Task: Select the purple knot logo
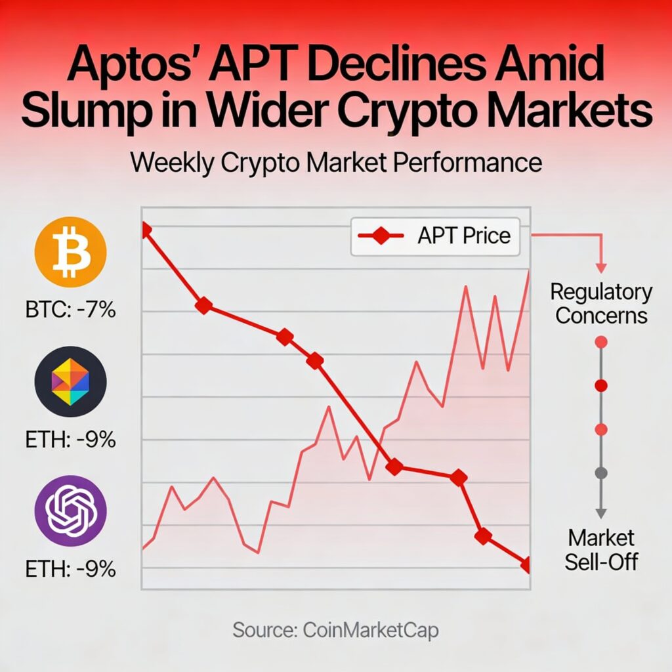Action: [x=70, y=511]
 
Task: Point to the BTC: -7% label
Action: [x=70, y=308]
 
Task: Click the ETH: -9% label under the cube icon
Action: [x=70, y=439]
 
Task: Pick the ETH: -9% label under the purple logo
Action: [x=70, y=568]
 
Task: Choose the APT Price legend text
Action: [x=463, y=236]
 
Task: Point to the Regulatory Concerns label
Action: [x=601, y=303]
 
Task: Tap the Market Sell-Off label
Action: [x=601, y=550]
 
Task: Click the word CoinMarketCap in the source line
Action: [x=371, y=631]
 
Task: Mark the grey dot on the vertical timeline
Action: [x=601, y=472]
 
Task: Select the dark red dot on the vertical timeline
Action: [x=601, y=385]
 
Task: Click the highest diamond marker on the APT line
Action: [x=144, y=229]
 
